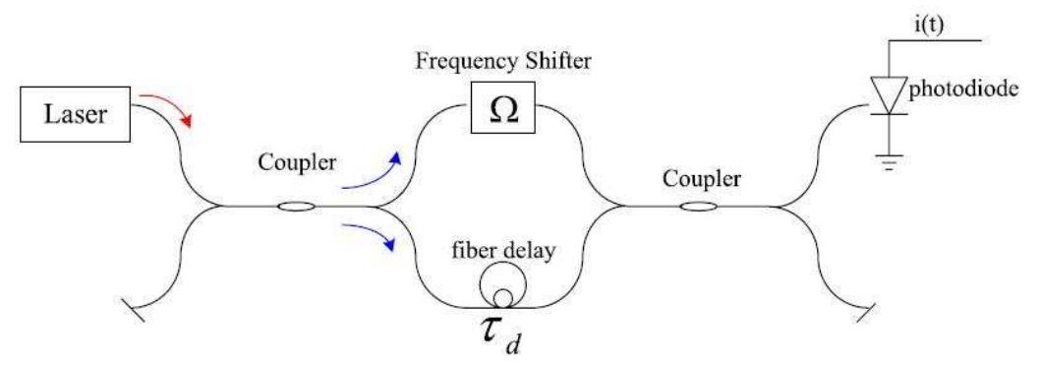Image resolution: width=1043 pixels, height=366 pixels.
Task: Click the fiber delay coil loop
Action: pyautogui.click(x=502, y=286)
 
